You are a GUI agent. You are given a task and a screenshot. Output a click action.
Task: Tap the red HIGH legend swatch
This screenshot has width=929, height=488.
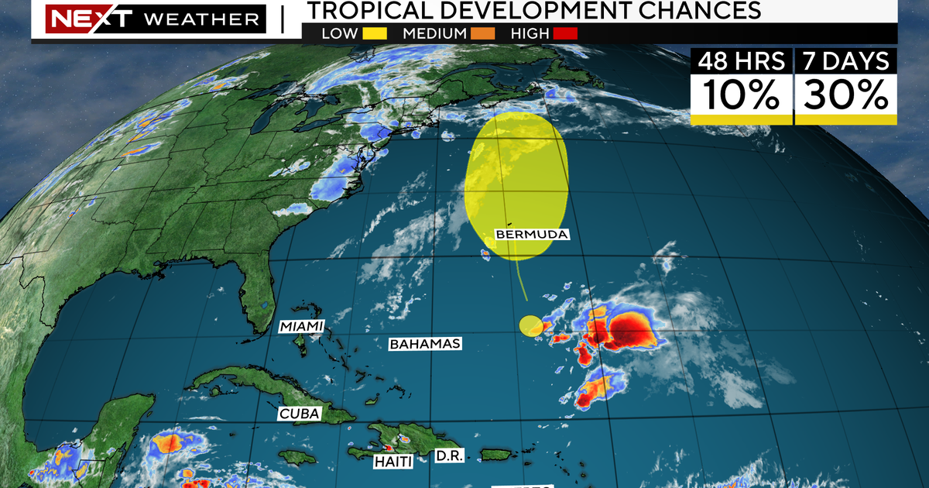pos(565,34)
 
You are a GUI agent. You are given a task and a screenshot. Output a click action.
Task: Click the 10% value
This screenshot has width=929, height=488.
pos(741,95)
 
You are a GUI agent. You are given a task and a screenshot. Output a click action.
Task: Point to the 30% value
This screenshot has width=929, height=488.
pos(845,95)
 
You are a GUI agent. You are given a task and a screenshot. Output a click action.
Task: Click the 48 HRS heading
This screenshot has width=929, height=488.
pos(741,60)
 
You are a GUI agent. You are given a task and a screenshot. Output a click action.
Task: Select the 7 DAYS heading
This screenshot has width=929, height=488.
pos(845,60)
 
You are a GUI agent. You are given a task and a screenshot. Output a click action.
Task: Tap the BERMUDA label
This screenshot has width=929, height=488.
pos(532,234)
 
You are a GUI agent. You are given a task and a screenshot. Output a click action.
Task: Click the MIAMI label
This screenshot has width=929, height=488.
pos(301,326)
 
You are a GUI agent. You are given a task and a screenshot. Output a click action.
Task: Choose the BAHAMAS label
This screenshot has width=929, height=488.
pos(425,343)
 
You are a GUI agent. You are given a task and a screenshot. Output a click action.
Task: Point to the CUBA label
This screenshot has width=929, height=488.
pos(299,414)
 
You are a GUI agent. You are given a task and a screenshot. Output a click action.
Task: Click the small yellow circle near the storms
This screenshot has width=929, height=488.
pos(530,326)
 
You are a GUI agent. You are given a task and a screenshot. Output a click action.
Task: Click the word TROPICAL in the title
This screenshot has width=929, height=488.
pos(372,11)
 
